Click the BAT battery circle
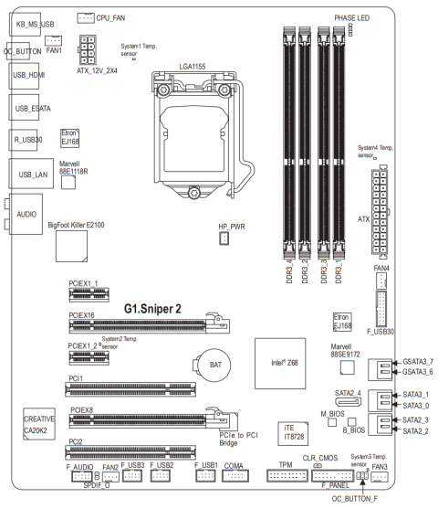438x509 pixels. pos(214,365)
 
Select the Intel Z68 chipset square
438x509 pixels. pos(280,364)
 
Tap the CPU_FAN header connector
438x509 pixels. pos(86,18)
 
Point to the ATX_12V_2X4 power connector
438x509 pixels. pos(88,49)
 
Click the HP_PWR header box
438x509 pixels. pos(224,239)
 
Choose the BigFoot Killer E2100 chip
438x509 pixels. pos(71,246)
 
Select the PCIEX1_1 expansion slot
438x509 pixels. pos(89,294)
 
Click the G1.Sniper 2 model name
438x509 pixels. pos(152,308)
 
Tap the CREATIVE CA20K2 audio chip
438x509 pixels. pos(39,424)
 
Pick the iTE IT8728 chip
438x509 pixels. pos(293,433)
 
